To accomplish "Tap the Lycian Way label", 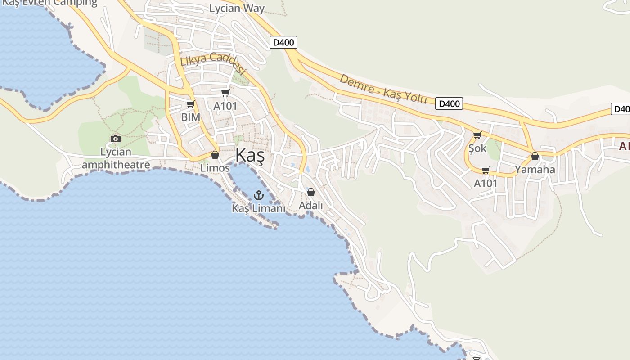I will coord(237,8).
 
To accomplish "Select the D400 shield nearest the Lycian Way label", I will coord(283,43).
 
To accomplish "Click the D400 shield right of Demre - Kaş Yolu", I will coord(449,104).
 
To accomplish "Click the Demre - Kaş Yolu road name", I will coord(382,89).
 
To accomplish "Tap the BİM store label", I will coord(190,117).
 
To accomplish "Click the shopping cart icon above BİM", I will coord(190,104).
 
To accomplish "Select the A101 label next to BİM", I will coord(225,106).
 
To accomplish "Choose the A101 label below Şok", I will coord(486,183).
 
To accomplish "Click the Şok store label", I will coord(477,148).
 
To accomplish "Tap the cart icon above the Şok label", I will coord(477,135).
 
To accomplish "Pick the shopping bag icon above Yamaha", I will coord(535,157).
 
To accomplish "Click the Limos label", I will coord(215,168).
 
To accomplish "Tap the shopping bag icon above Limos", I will coord(215,155).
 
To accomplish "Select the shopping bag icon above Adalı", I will coord(310,193).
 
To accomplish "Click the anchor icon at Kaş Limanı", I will coord(258,195).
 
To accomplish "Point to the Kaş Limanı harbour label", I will coord(259,208).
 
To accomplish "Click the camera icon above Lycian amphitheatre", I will coord(116,139).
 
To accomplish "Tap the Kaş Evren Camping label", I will coord(49,3).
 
